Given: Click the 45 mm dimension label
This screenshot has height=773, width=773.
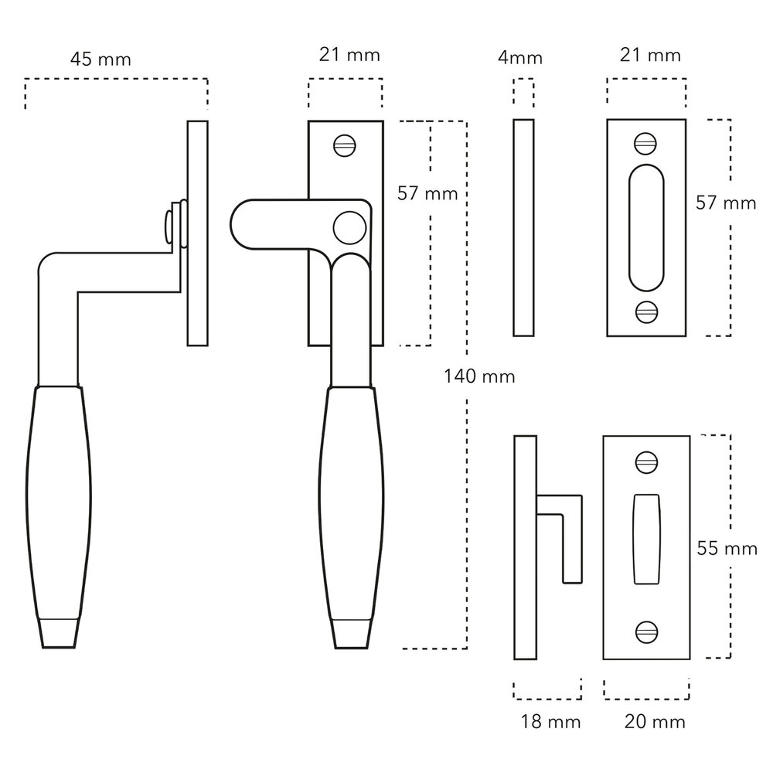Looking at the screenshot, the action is (x=100, y=60).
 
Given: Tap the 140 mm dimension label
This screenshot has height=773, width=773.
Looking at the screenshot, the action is (x=479, y=376).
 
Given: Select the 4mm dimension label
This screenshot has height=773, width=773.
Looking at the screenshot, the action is (x=520, y=58).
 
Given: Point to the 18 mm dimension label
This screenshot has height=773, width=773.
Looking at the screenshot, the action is (x=550, y=722).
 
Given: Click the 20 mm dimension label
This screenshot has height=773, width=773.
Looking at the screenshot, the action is (x=655, y=722).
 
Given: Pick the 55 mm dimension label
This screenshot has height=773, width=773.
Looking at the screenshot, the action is (x=727, y=549).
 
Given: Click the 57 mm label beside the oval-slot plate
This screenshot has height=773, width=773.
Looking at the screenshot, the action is (x=726, y=203).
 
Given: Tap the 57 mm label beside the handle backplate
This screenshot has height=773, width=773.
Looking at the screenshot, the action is (x=427, y=193).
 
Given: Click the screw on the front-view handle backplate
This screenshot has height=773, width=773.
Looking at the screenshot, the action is (x=345, y=145).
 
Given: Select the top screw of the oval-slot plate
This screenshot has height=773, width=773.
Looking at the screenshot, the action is (x=645, y=144).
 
